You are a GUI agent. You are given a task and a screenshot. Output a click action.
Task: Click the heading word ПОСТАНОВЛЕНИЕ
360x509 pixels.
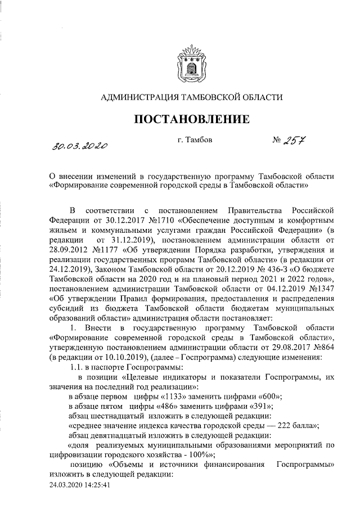191,119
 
